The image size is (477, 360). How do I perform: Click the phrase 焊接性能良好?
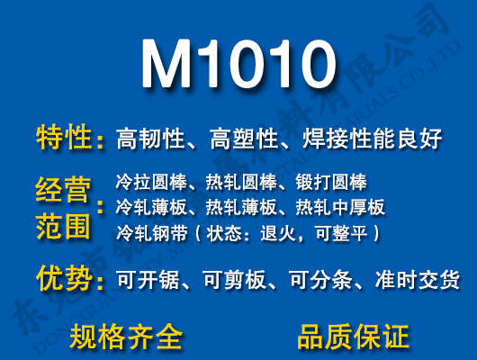click(373, 139)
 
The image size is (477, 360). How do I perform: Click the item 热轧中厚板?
click(340, 208)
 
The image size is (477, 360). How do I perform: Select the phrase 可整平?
click(344, 233)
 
